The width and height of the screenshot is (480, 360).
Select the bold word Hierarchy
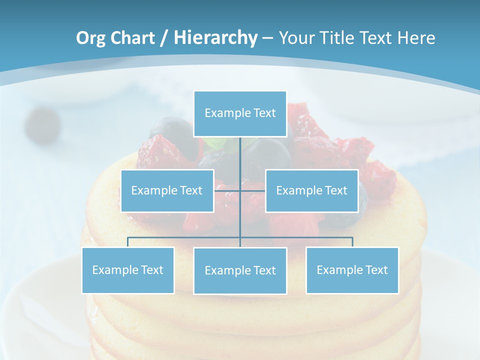tap(215, 38)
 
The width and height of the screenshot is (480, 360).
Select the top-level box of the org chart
tap(240, 113)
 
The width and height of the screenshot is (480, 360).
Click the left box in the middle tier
tap(167, 190)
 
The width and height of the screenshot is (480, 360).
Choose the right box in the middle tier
tap(311, 190)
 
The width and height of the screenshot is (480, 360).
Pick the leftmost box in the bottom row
tap(127, 270)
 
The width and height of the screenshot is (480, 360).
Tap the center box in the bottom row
tap(240, 270)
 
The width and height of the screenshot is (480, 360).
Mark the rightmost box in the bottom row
tap(352, 270)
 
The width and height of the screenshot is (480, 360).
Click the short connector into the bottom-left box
tap(127, 242)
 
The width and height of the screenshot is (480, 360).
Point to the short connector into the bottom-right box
tap(352, 242)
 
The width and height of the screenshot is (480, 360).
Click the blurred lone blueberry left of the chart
tap(42, 124)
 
